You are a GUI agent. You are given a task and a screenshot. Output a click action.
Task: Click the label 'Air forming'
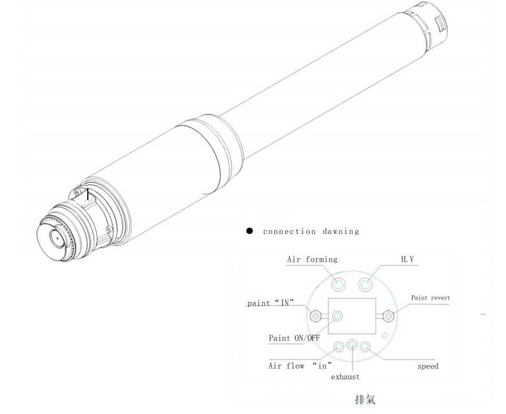pos(312,259)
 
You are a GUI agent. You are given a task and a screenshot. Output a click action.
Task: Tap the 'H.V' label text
pos(407,259)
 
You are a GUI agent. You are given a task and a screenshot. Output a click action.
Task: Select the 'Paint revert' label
pos(431,298)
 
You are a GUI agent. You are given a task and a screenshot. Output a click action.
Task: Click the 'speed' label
pos(428,366)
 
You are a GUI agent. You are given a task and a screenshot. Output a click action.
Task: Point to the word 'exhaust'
pos(345,377)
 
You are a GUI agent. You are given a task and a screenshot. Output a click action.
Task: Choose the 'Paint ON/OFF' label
pos(294,338)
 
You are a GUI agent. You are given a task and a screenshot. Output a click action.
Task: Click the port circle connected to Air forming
pos(339,283)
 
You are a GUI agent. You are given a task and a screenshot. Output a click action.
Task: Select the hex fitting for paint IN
pos(316,315)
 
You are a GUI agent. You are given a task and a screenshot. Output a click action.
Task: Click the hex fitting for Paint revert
pos(388,315)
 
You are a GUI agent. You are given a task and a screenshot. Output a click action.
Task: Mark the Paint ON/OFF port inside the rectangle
pos(338,315)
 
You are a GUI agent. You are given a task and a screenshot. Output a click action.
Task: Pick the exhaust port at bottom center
pos(352,344)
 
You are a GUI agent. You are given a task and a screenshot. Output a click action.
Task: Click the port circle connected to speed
pos(365,346)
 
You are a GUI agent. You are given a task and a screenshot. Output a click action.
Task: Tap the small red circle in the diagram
pos(385,335)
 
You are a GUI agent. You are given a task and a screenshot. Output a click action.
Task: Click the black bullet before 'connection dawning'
pos(249,231)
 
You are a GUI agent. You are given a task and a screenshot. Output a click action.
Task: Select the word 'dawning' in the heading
pos(341,232)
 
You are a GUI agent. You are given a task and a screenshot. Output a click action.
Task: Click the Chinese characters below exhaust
pos(365,400)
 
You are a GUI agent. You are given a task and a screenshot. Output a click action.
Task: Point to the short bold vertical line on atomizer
pos(88,194)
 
